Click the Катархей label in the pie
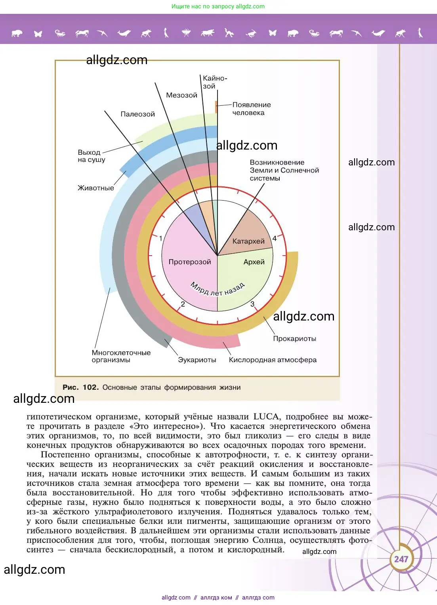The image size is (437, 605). pos(248,241)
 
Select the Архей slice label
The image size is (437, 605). pos(254,262)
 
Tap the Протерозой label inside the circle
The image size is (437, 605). pos(190,262)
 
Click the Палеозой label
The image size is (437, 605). pos(137,114)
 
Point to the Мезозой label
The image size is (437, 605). pos(181,95)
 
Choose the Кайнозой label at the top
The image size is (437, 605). pos(214,82)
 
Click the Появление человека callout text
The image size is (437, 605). pos(251,108)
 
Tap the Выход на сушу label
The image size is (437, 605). pos(91,156)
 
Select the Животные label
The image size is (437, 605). pos(95,188)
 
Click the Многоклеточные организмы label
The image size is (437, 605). pos(121,356)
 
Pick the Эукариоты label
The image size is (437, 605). pos(197,360)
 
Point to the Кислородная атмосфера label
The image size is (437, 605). pos(273,360)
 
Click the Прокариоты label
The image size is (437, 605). pos(294,338)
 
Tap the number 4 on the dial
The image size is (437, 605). pos(275,238)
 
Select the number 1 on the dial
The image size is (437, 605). pos(160,238)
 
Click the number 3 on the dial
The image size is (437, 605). pos(252,304)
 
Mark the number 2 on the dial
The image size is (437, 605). pos(183,304)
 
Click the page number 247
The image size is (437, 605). pos(401,559)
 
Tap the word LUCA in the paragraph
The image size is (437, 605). pos(267,416)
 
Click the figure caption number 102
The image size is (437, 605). pos(90,387)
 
